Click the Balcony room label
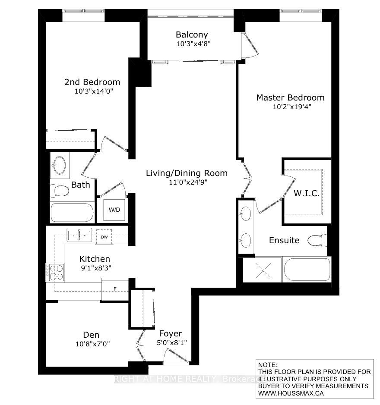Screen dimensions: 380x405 pos(192,35)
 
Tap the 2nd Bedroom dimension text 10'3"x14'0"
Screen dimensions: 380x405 pos(94,91)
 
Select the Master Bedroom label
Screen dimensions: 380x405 pos(290,97)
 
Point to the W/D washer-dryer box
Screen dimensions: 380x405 pos(114,210)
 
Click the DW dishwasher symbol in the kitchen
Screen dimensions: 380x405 pos(104,237)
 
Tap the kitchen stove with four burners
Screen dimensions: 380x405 pos(55,272)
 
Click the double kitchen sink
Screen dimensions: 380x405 pos(79,235)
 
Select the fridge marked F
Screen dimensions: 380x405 pos(115,289)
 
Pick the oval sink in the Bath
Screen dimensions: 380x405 pos(59,165)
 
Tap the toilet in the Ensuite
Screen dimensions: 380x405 pos(317,241)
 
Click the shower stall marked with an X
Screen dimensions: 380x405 pos(263,271)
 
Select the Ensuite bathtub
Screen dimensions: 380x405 pos(307,270)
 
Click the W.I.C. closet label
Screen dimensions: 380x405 pos(307,193)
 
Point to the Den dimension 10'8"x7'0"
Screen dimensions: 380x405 pos(92,344)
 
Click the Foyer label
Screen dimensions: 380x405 pos(171,334)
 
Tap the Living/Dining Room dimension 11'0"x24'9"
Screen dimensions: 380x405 pos(188,182)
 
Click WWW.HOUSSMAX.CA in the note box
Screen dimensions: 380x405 pos(291,393)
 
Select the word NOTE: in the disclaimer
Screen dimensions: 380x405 pos(267,365)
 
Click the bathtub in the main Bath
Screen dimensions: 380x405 pos(72,213)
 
